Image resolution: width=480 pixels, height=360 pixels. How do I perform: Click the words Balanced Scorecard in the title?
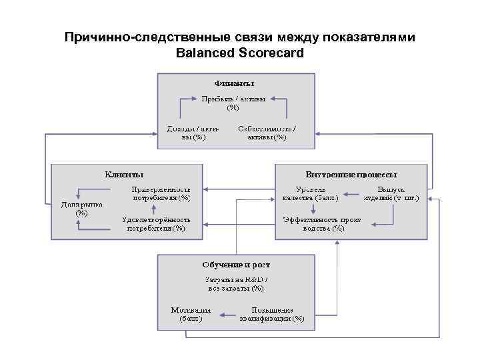pyautogui.click(x=239, y=52)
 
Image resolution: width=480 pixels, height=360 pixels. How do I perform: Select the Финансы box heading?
pyautogui.click(x=235, y=83)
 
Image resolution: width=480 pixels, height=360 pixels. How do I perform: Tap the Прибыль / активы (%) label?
pyautogui.click(x=233, y=103)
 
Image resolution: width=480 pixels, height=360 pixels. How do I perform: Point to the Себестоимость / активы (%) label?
pyautogui.click(x=267, y=133)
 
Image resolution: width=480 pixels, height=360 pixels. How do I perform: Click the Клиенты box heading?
pyautogui.click(x=123, y=175)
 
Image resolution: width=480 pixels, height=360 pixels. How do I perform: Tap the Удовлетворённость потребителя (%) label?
pyautogui.click(x=157, y=223)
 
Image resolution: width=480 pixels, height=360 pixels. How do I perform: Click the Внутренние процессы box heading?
pyautogui.click(x=351, y=175)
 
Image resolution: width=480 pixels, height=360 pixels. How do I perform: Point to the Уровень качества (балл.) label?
pyautogui.click(x=310, y=193)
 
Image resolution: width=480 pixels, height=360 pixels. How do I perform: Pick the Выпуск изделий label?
pyautogui.click(x=391, y=193)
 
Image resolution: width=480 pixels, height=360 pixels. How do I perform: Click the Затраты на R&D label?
pyautogui.click(x=236, y=284)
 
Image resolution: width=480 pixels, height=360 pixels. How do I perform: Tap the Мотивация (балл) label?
pyautogui.click(x=191, y=314)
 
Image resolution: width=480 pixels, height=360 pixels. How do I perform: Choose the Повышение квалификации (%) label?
pyautogui.click(x=272, y=314)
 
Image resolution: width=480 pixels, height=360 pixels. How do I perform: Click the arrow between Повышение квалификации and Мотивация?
pyautogui.click(x=227, y=314)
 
